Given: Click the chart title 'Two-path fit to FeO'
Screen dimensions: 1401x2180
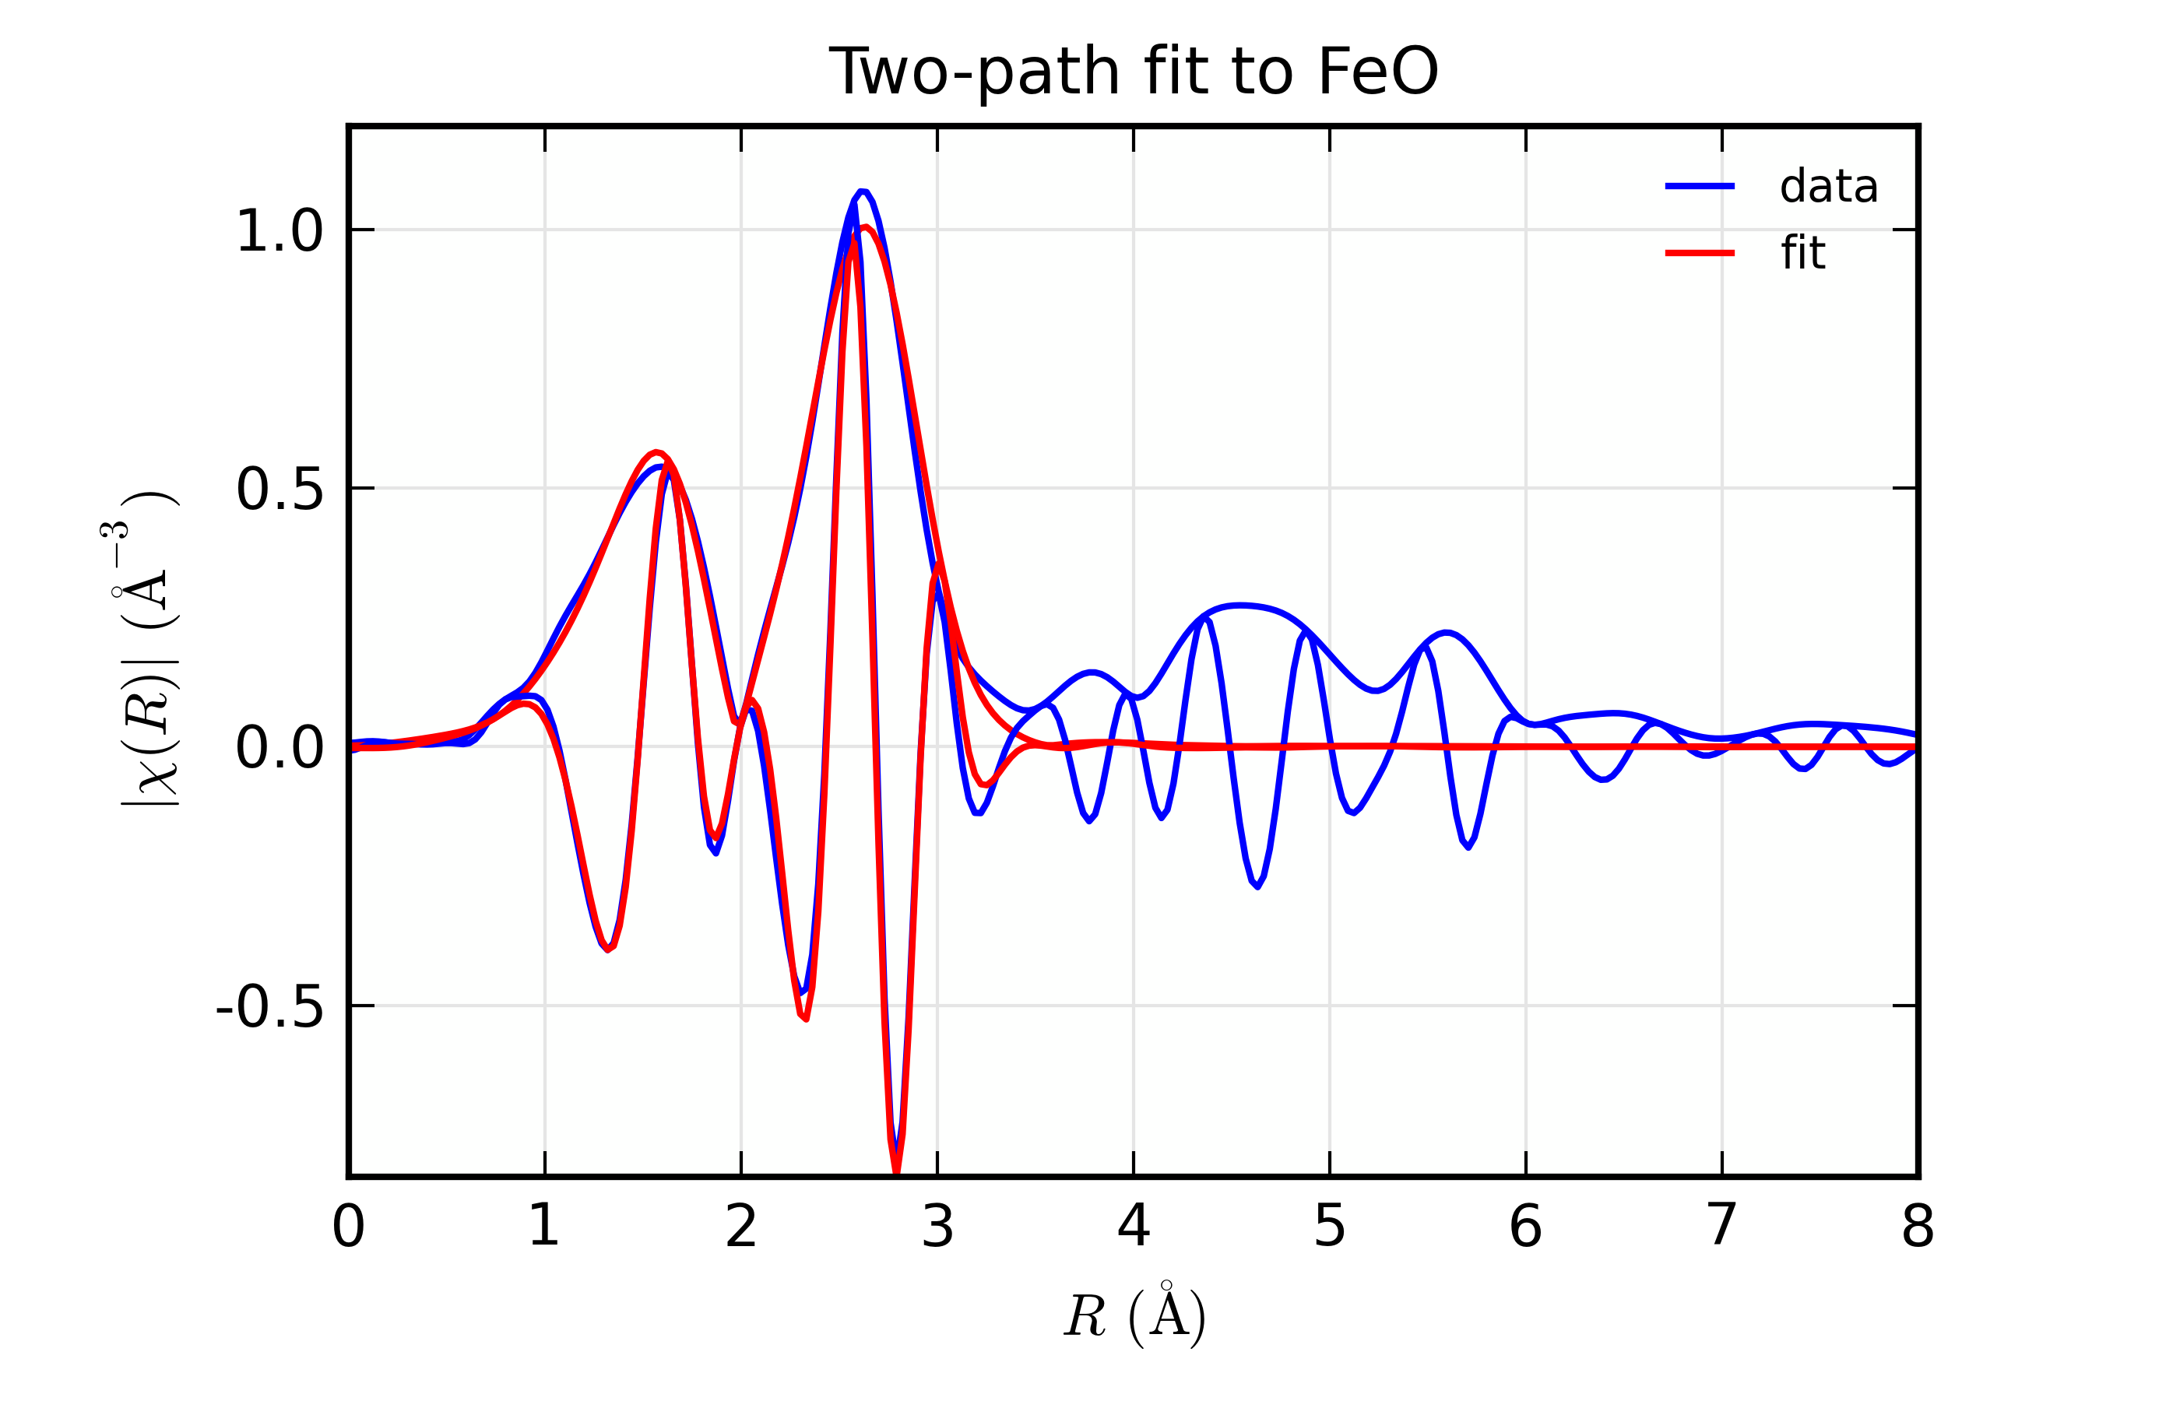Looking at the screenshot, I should pyautogui.click(x=1133, y=72).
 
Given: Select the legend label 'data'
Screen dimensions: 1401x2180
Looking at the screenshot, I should pyautogui.click(x=1828, y=187).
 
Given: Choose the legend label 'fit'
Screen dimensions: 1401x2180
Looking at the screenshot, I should pyautogui.click(x=1802, y=253).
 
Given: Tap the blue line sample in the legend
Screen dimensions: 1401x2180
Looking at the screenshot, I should pyautogui.click(x=1699, y=187).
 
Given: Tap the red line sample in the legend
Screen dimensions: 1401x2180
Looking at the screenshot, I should pyautogui.click(x=1699, y=253).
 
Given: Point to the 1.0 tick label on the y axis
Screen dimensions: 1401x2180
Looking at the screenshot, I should pyautogui.click(x=280, y=231).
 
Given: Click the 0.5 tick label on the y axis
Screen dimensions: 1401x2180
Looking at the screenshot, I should pyautogui.click(x=280, y=490).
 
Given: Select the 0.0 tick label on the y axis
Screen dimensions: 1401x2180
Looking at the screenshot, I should pyautogui.click(x=280, y=750).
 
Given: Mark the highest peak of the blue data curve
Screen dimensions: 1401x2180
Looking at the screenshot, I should pyautogui.click(x=861, y=192).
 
